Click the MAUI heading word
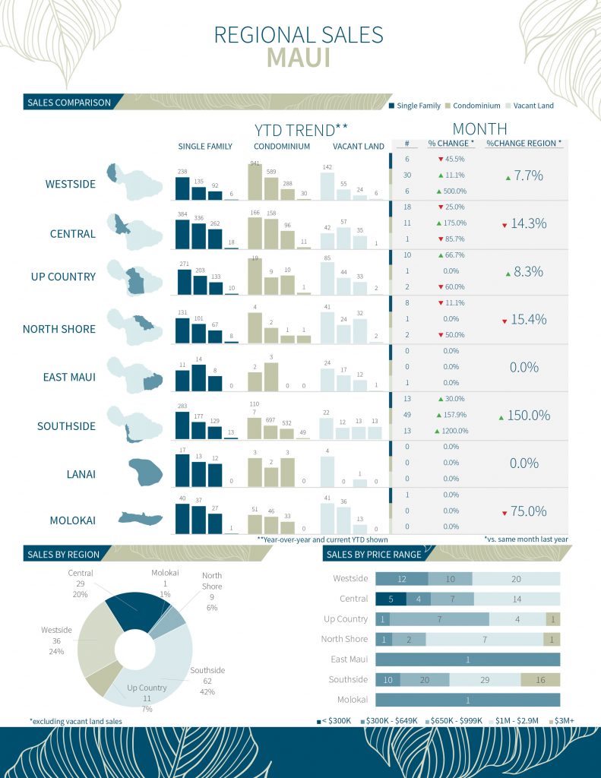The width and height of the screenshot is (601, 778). pos(298,59)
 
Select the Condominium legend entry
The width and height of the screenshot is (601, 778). pos(476,106)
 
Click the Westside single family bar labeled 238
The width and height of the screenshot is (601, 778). pos(182,188)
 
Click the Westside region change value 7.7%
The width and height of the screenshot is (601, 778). pos(528,176)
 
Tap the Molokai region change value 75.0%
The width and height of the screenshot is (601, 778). pos(528,511)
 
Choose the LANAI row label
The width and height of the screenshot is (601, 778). pos(78,475)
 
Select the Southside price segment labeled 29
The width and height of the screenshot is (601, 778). pos(485,679)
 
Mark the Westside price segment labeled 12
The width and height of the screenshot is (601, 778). pos(402,579)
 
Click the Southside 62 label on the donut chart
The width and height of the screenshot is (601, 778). pos(207,681)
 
